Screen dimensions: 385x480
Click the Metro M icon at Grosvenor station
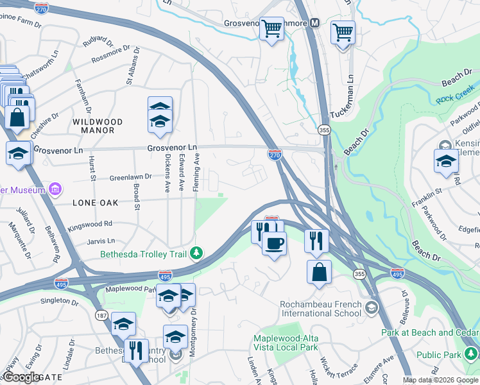pos(314,22)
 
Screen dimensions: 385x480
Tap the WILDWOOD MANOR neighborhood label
pos(93,126)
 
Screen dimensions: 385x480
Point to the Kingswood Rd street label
pos(90,225)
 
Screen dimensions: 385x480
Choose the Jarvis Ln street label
pos(101,241)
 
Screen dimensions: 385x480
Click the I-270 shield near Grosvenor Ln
pos(274,154)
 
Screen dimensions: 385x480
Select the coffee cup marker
pos(274,244)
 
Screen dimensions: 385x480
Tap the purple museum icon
pos(56,189)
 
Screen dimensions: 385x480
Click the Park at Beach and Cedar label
pos(430,332)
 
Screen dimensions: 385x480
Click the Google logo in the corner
pos(22,377)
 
